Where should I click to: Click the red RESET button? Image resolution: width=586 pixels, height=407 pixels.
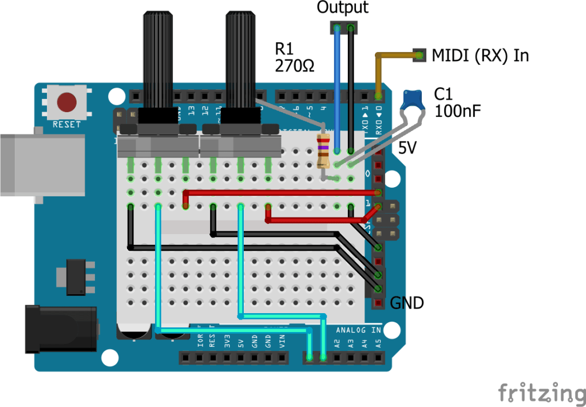click(x=67, y=102)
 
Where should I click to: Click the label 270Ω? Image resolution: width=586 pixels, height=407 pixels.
click(x=295, y=66)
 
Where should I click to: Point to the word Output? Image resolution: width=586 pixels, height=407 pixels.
click(x=342, y=7)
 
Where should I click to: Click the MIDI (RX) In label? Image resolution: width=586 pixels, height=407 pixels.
click(x=480, y=56)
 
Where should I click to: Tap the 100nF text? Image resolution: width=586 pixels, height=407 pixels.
click(x=458, y=110)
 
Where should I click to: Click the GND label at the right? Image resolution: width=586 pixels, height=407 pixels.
click(x=407, y=303)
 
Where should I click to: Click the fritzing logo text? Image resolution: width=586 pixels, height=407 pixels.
click(x=541, y=393)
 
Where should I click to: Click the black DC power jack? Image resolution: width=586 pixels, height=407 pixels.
click(x=60, y=329)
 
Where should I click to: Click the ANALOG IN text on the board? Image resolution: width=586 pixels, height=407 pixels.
click(x=358, y=330)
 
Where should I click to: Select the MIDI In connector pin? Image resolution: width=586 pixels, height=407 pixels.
click(x=420, y=56)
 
